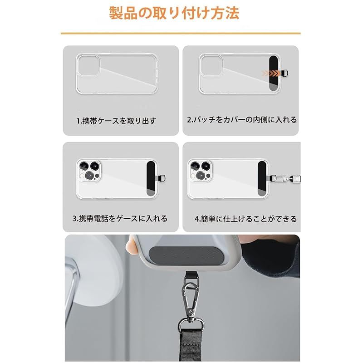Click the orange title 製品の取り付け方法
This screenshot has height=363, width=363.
(x=174, y=13)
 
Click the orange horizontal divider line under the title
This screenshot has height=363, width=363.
(x=181, y=34)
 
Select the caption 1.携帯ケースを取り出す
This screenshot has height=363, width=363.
(x=116, y=121)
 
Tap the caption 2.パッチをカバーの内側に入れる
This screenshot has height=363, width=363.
(x=242, y=120)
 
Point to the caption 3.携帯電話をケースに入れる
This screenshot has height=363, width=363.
(x=120, y=219)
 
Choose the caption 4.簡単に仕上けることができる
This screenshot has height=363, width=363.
(x=245, y=219)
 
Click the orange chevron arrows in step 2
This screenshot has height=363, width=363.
(x=271, y=74)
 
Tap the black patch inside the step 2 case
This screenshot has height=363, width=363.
(x=274, y=73)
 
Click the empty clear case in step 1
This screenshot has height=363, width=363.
(x=117, y=74)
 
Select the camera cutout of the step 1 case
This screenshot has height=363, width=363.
(x=88, y=65)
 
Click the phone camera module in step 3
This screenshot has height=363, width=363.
(x=89, y=171)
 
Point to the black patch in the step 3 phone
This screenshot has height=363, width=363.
(x=151, y=179)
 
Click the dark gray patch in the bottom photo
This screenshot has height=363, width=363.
(x=186, y=256)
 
